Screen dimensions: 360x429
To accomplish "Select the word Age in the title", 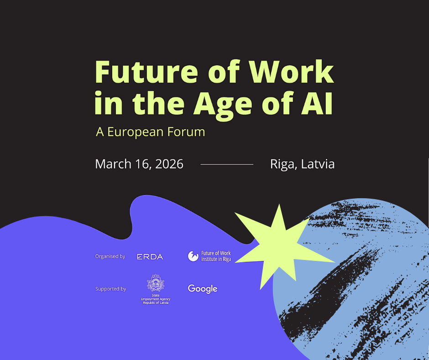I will coord(221,104).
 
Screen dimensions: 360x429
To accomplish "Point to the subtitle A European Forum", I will coord(150,132).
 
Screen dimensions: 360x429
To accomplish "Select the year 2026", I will coord(168,164).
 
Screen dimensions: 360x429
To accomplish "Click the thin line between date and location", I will coord(227,164).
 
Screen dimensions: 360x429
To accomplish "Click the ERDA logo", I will coord(150,257).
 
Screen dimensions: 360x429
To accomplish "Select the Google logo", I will coord(202,289).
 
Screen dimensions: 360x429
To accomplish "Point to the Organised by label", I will coord(110,256).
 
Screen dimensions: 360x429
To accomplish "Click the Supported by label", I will coord(110,289).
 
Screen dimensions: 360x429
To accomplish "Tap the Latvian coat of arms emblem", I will coord(155,283).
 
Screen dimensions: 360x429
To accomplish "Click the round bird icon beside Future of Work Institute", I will coord(193,256).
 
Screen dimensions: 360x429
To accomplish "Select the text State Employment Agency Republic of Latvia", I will coord(155,299).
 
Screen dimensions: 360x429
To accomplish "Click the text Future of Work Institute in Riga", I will coord(216,256).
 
